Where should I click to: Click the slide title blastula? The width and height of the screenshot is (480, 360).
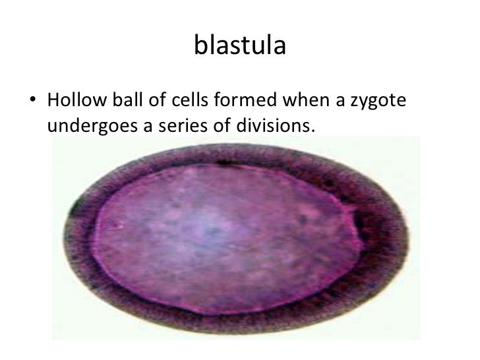240,46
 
